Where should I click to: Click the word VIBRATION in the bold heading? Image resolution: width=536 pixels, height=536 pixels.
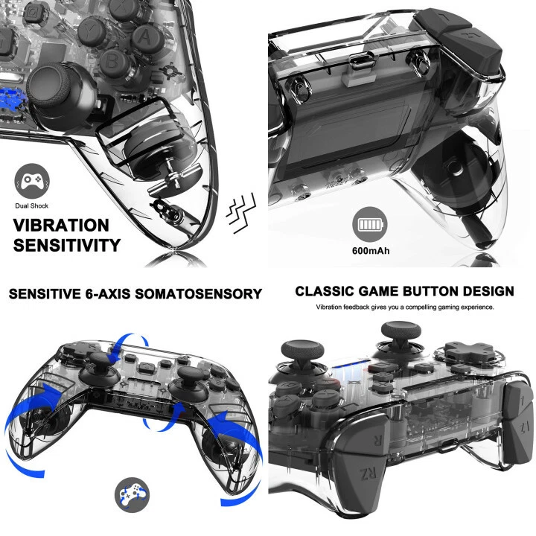61,225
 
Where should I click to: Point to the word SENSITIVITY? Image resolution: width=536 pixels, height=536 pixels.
66,245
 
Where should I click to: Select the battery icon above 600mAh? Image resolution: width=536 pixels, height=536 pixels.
370,226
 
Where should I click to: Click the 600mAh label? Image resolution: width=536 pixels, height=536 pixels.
370,251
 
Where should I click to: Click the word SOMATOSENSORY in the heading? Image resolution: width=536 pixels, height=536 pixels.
201,294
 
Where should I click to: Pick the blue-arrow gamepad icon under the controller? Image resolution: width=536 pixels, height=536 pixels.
132,494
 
